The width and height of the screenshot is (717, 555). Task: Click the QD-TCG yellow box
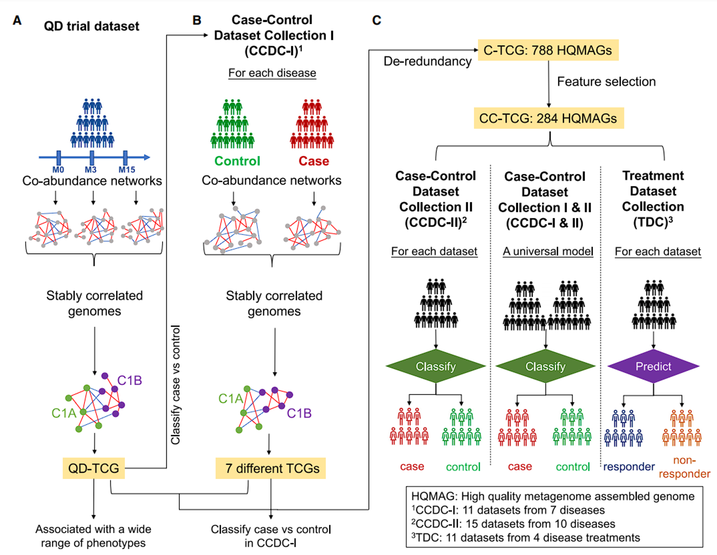[94, 468]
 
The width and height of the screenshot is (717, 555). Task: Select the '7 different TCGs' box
[271, 468]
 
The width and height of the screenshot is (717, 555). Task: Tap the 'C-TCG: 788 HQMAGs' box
[548, 50]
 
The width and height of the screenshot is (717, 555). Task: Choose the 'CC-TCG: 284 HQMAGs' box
[548, 118]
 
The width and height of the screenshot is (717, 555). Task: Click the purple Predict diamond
[653, 367]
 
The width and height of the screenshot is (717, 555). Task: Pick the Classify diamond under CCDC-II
[436, 367]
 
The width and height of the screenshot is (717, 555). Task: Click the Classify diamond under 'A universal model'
[545, 367]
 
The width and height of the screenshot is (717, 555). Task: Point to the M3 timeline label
[91, 170]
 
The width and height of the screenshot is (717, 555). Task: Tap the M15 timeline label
[126, 170]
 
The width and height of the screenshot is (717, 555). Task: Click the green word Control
[237, 161]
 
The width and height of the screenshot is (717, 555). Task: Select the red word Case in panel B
[314, 161]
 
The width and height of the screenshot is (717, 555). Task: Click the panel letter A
[17, 20]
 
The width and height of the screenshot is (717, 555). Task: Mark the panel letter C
[377, 20]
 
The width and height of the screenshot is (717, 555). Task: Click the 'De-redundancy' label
[427, 61]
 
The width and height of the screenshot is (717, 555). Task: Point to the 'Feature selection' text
[606, 81]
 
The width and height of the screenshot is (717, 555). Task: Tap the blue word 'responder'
[629, 466]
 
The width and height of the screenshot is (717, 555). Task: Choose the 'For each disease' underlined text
[272, 73]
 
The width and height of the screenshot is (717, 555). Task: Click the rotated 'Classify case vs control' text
[175, 384]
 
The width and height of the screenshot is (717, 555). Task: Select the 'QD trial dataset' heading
[92, 26]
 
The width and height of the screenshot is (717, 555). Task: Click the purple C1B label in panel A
[129, 380]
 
